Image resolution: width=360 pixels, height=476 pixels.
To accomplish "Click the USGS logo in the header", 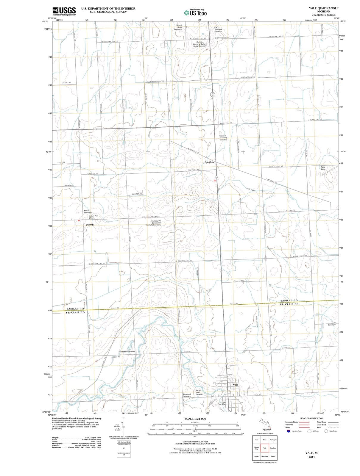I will point(64,11).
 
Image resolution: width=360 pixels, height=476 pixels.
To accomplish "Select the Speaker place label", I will point(209,162).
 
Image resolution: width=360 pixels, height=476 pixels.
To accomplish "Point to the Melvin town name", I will point(90,225).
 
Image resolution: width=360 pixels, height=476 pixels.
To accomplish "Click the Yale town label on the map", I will point(236,385).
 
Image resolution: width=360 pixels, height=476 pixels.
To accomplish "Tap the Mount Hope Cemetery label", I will point(179,27).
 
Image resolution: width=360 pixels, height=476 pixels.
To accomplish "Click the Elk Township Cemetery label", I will point(218,29).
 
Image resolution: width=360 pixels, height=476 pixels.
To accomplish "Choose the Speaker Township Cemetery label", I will point(223,138).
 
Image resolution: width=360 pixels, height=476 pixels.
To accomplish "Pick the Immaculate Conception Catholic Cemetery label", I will point(154,223).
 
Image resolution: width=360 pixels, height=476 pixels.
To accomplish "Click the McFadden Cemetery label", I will point(127,351).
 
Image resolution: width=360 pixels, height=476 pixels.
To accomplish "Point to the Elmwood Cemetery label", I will point(187,395).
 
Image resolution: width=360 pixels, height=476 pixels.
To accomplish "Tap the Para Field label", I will point(323,168).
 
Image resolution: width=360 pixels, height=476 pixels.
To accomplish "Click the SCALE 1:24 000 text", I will point(195,419).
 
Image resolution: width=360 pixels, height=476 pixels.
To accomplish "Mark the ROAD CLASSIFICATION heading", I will point(312,418).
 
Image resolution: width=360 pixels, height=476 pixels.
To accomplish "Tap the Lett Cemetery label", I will point(332,324).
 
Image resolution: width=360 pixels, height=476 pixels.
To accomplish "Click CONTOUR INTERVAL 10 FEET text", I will point(195,441).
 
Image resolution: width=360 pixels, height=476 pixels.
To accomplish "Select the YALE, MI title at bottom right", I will point(312,453).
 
